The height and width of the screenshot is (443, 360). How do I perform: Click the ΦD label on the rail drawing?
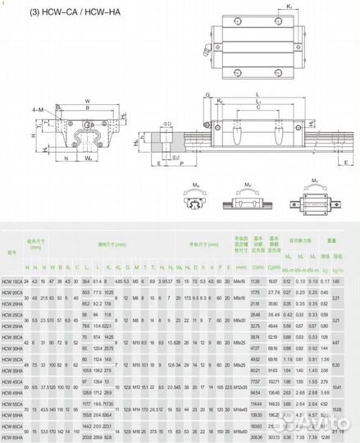click(167, 125)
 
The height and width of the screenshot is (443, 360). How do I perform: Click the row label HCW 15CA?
click(12, 282)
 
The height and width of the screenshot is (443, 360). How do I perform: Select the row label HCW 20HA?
click(12, 303)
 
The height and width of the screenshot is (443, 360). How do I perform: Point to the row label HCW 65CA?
click(12, 427)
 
